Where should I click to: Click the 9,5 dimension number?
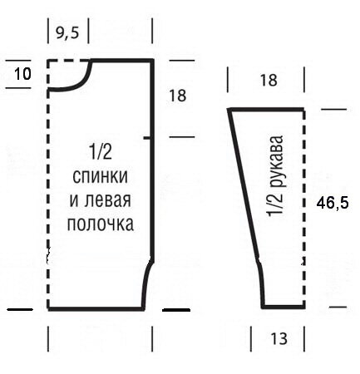67,32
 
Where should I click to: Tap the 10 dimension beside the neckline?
22,74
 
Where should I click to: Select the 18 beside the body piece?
177,96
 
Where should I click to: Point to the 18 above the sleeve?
269,81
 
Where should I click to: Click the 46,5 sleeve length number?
333,203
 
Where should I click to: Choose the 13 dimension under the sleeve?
279,338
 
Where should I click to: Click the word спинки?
100,176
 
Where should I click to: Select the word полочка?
101,224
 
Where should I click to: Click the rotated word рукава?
276,160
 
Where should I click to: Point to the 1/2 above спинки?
100,152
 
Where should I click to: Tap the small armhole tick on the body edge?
148,137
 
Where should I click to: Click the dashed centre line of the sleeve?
304,208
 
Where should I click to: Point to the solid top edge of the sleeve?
266,110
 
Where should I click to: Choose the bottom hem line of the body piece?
96,308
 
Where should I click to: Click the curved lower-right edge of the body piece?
145,283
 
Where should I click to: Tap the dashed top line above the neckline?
68,61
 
